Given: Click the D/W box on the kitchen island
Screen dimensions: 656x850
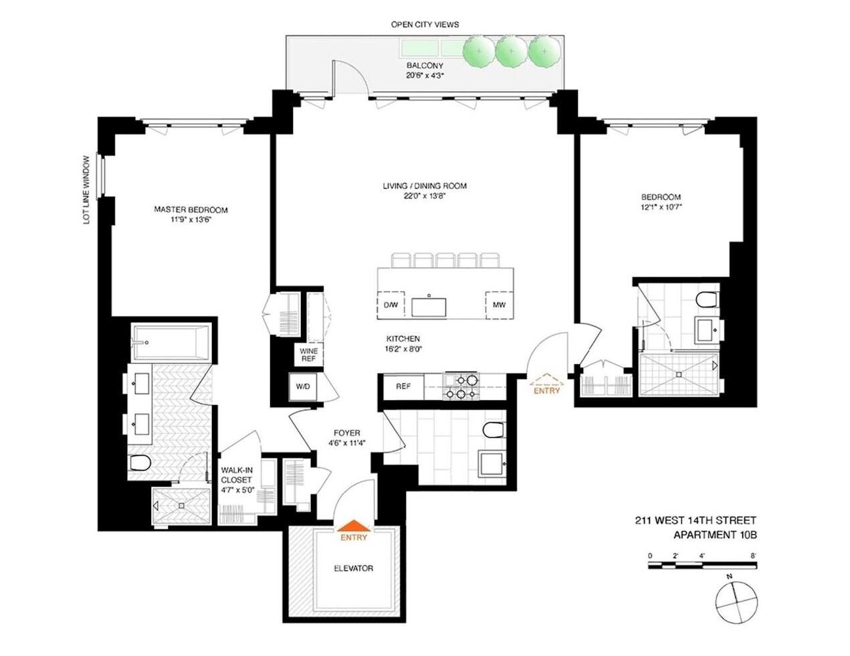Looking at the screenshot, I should pyautogui.click(x=391, y=305).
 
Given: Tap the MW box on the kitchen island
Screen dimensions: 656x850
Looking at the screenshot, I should pyautogui.click(x=498, y=305).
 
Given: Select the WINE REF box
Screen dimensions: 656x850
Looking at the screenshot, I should pyautogui.click(x=308, y=354).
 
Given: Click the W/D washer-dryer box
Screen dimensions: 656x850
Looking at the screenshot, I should pyautogui.click(x=302, y=387).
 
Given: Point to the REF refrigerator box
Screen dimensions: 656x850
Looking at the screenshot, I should pyautogui.click(x=403, y=387).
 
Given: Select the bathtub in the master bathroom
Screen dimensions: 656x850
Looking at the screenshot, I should pyautogui.click(x=171, y=343).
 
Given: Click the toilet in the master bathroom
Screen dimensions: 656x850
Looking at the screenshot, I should pyautogui.click(x=140, y=462).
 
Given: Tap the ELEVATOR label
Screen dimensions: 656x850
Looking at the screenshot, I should pyautogui.click(x=353, y=568).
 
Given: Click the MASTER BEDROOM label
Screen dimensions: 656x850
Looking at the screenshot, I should pyautogui.click(x=191, y=210).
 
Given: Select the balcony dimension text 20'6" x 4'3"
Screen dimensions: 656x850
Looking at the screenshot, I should pyautogui.click(x=425, y=76).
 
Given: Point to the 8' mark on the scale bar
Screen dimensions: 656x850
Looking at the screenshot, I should pyautogui.click(x=754, y=556).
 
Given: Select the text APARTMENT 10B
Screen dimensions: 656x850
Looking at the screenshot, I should pyautogui.click(x=714, y=534).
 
